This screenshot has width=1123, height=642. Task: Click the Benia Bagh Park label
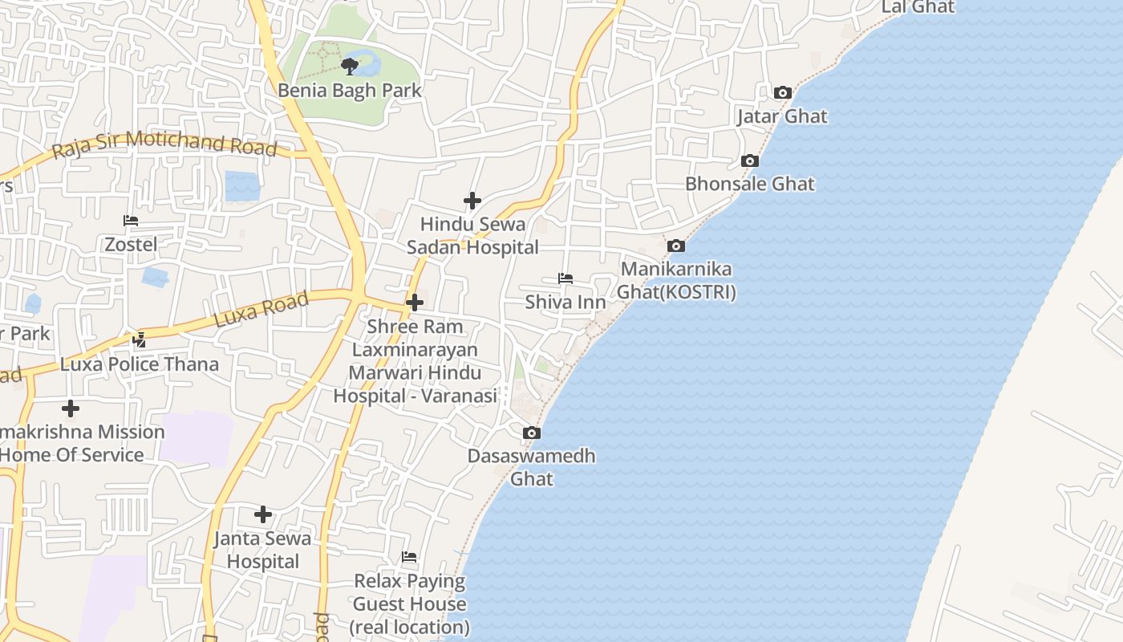point(349,91)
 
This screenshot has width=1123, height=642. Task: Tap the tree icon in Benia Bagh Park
point(349,66)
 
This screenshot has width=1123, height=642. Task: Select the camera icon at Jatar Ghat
point(783,93)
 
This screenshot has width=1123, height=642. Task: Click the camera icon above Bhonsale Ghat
point(749,161)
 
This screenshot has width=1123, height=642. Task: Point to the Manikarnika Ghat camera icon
point(676,246)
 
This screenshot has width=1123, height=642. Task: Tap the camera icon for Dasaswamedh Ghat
point(531,433)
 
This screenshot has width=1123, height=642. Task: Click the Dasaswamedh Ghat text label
point(531,467)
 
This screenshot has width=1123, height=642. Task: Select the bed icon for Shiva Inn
point(566,279)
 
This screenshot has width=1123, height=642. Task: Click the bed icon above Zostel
point(131,221)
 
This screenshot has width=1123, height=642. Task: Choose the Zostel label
point(131,244)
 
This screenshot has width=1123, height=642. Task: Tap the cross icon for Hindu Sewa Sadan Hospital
point(472,201)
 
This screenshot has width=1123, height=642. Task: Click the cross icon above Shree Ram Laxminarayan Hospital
point(415,303)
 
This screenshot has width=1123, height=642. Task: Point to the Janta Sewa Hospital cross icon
point(262,514)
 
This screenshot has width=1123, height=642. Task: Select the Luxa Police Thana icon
point(140,340)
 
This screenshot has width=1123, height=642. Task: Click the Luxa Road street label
point(261,310)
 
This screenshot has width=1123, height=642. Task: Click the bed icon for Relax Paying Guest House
point(409,557)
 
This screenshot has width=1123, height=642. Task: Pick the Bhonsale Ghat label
point(749,184)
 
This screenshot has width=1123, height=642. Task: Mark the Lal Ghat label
point(918,7)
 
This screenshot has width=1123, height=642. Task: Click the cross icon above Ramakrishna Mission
point(71,408)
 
